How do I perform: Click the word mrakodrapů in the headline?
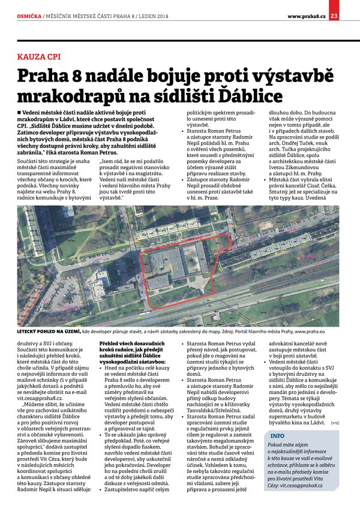pos(76,95)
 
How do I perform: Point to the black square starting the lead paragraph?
pos(20,112)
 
